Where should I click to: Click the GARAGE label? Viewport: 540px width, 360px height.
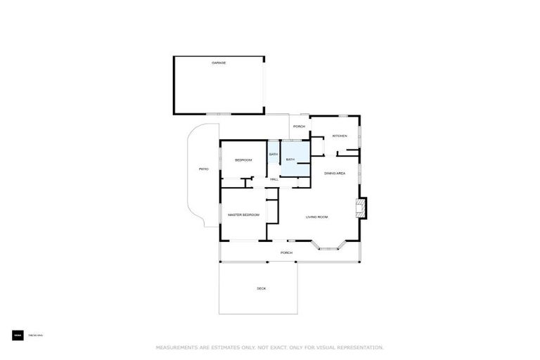pos(219,63)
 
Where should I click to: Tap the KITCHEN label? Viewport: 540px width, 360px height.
pos(340,136)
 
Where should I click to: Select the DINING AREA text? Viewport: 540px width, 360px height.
pos(335,173)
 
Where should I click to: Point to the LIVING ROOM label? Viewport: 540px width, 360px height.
pos(316,217)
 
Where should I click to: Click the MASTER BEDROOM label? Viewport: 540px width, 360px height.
pos(243,214)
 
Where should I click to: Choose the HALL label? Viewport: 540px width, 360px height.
pos(274,179)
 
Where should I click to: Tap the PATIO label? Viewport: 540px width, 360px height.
pos(204,169)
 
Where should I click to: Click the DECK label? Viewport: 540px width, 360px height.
pos(261,288)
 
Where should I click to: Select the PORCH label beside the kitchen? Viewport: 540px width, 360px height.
pos(299,127)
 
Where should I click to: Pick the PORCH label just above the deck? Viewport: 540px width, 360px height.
pos(286,252)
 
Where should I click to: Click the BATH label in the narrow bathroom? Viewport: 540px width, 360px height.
pos(274,154)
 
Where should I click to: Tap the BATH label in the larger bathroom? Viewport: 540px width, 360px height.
pos(290,160)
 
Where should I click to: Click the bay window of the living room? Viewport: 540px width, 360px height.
pos(329,245)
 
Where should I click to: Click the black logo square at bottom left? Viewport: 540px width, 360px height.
pos(18,336)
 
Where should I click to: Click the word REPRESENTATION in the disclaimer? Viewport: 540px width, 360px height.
pos(358,347)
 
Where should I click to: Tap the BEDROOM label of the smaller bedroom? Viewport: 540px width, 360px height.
pos(243,160)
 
